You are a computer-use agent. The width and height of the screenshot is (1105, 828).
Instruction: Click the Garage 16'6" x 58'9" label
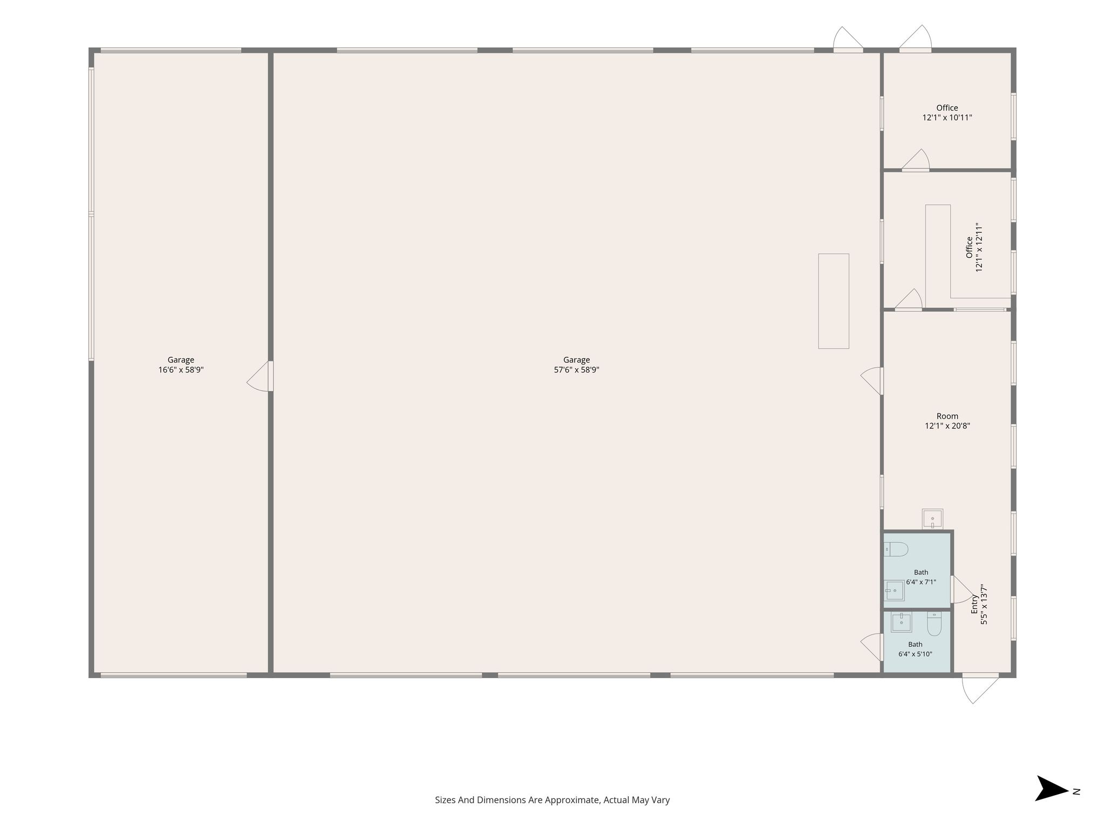coord(181,365)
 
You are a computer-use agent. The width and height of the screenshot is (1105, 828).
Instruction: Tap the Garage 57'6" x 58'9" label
coord(576,365)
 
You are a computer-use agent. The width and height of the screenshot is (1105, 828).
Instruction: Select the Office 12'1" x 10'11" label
coord(947,113)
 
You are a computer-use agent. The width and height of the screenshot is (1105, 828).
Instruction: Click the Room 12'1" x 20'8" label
coord(947,421)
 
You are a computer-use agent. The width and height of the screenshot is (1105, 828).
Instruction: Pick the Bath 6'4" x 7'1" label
coord(921,577)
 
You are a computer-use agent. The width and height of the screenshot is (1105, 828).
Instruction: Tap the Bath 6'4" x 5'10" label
coord(915,649)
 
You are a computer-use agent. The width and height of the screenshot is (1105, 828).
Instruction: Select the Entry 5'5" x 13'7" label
coord(979,604)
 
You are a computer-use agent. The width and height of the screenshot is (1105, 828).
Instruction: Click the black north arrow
coord(1052,792)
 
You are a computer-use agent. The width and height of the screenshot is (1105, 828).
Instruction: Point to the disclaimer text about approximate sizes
coord(552,800)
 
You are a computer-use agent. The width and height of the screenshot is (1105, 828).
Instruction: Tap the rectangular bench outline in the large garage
coord(834,301)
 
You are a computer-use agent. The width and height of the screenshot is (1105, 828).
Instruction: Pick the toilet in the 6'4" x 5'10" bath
coord(934,624)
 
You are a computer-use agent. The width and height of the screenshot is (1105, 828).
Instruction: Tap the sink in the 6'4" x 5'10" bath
coord(901,623)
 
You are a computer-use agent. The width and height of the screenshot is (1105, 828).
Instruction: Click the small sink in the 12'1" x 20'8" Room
coord(932,519)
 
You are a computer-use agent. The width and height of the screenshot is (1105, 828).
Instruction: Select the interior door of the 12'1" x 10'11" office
coord(916,161)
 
